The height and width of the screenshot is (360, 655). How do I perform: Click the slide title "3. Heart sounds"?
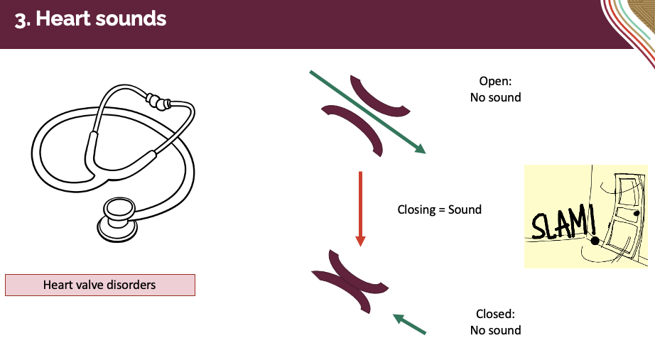[90, 19]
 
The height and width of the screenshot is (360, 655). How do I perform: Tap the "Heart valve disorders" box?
[99, 285]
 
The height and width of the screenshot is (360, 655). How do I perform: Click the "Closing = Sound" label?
[439, 209]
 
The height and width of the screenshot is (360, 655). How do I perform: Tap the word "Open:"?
[495, 81]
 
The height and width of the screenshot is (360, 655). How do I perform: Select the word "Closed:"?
[495, 314]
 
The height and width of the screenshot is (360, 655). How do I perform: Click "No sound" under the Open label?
[495, 97]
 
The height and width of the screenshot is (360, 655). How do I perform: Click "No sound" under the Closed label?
[495, 330]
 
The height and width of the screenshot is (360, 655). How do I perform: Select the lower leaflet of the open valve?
[353, 126]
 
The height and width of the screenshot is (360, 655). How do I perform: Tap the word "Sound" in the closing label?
[465, 209]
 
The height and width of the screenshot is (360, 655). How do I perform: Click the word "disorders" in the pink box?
[130, 285]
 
